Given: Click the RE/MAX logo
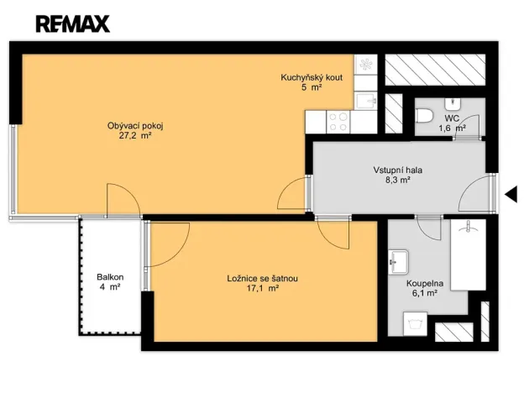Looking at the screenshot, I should coord(72,23).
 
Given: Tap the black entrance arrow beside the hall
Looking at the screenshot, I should coord(510,195).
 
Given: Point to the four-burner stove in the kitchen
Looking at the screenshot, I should coord(338,122).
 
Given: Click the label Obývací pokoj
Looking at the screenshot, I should coord(134,126).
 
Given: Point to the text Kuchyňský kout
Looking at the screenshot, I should coord(312,78).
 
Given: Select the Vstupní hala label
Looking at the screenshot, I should coord(398,170).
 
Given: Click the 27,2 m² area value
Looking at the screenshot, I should coord(134,135).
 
